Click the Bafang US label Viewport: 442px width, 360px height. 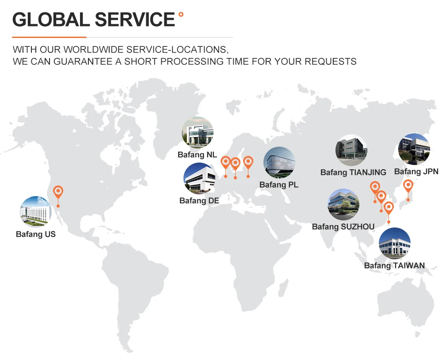point(36,235)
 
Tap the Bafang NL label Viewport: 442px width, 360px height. point(197,155)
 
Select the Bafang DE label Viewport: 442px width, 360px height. point(199,201)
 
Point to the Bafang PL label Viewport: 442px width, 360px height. point(279,185)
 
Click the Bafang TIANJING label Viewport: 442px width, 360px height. point(353,172)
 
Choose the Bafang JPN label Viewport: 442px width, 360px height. point(416,171)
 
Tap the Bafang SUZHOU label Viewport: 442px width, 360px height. point(343,227)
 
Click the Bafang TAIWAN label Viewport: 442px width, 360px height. point(394,265)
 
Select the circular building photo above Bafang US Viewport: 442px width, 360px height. point(36,212)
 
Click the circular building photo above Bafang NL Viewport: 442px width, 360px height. point(197,133)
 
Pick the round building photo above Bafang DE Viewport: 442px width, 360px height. point(199,178)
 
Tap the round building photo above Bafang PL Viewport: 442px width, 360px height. point(279,162)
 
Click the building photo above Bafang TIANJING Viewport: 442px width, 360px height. point(351,150)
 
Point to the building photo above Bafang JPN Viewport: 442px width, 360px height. point(414,149)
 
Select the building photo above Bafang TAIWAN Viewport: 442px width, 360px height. point(394,243)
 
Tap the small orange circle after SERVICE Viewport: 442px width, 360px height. point(181,15)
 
